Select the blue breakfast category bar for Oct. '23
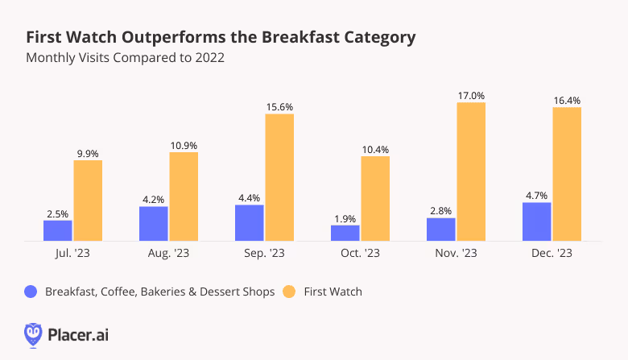coord(345,233)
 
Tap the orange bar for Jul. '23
coord(88,201)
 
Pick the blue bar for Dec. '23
coord(536,221)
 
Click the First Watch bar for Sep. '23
coord(279,177)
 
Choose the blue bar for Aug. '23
coord(153,223)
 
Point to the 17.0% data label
coord(471,95)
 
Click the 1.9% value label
coord(345,217)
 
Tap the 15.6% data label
coord(279,106)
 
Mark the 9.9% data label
coord(88,153)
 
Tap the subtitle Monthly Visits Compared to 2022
coord(125,58)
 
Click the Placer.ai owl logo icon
coord(33,333)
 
